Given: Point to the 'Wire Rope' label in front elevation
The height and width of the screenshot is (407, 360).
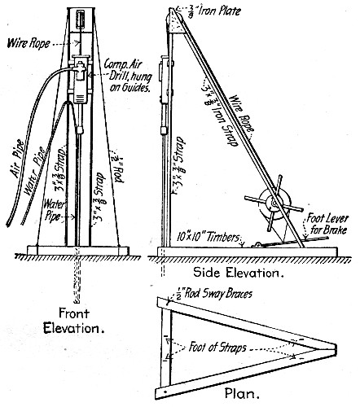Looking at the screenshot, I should [32, 38].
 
